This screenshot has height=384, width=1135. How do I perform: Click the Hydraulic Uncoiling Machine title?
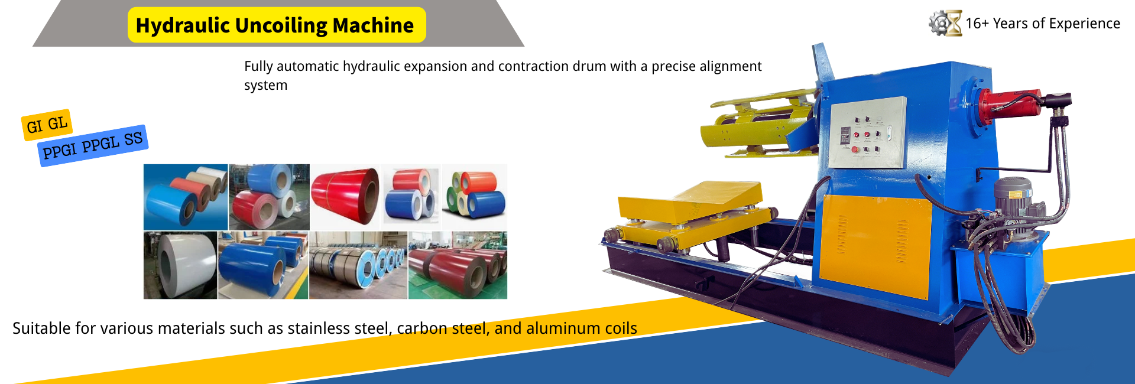(275, 25)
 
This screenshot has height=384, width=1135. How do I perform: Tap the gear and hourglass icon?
(945, 23)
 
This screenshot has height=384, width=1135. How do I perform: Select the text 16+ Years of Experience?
(1043, 24)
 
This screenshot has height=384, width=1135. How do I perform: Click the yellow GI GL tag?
(47, 125)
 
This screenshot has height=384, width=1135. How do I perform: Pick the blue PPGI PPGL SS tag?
(93, 145)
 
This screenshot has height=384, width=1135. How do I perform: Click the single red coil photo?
(346, 197)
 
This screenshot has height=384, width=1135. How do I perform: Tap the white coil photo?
(180, 265)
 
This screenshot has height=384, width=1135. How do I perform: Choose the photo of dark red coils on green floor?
(458, 265)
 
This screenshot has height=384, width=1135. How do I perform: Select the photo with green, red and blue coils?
(475, 197)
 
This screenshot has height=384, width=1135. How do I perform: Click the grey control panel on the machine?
(867, 132)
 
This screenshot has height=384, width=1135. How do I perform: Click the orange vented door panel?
(876, 245)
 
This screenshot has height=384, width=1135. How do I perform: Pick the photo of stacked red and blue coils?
(411, 197)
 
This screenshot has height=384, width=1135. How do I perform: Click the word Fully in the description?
(258, 67)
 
